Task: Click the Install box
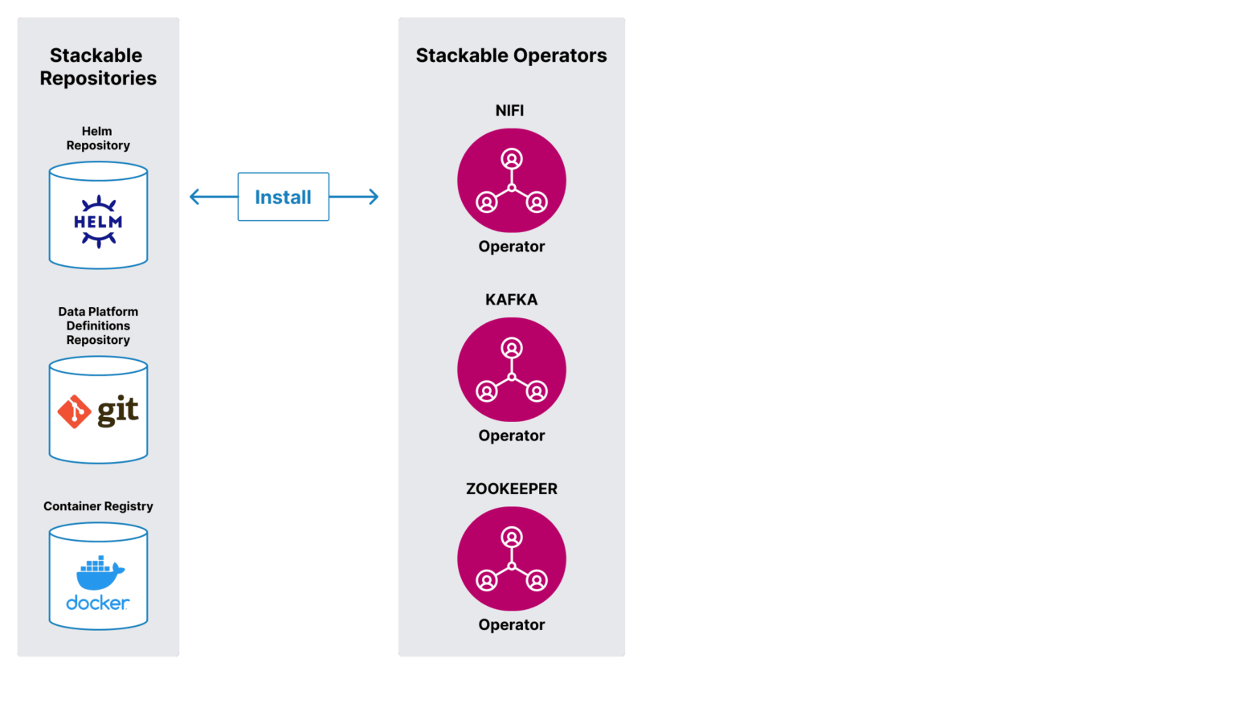pos(283,197)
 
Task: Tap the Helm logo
pos(98,221)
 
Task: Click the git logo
pos(98,411)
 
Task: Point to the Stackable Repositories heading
pos(98,67)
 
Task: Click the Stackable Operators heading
pos(511,55)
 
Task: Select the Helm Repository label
pos(98,138)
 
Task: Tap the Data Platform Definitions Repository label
pos(98,325)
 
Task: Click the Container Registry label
pos(98,506)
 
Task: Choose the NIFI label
pos(509,111)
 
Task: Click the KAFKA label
pos(511,300)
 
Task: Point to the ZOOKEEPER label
pos(511,489)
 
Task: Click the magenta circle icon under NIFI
pos(511,181)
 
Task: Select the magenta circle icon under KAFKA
pos(511,370)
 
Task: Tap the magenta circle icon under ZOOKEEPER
pos(511,558)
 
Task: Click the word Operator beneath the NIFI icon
pos(511,247)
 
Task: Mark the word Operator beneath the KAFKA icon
pos(511,436)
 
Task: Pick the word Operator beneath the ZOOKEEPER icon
pos(511,624)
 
